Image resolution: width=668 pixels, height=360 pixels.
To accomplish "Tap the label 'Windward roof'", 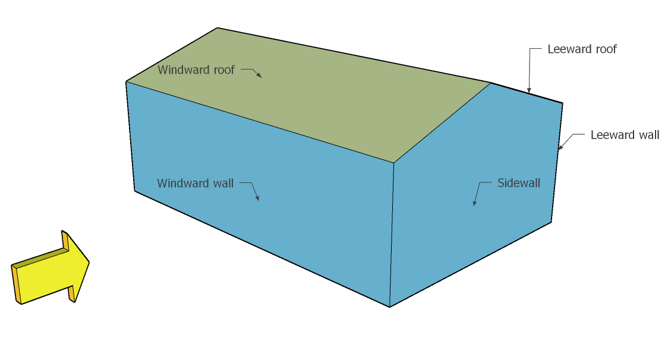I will pos(196,70).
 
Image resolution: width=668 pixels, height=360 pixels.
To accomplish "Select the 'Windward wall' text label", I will pos(196,183).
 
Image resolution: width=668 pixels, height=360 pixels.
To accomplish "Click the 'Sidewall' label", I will pos(519,183).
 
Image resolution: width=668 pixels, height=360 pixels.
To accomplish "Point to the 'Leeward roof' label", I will pos(582,49).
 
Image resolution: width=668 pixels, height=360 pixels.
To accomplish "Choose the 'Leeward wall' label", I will pos(625,135).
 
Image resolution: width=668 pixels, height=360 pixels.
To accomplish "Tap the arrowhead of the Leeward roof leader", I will pos(528,91).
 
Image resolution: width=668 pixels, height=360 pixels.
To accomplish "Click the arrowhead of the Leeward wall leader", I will pos(560,147).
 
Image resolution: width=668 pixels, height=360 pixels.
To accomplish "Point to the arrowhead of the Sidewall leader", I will pos(474,204).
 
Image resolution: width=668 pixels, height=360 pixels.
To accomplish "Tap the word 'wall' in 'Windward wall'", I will pos(223,183).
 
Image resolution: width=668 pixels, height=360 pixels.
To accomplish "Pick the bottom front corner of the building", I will pos(389,307).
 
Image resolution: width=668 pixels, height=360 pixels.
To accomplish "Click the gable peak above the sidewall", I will pos(491,83).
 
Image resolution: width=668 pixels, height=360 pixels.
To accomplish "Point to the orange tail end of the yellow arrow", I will pos(16,284).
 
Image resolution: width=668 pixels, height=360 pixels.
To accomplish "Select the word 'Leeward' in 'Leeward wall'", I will pos(613,135).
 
